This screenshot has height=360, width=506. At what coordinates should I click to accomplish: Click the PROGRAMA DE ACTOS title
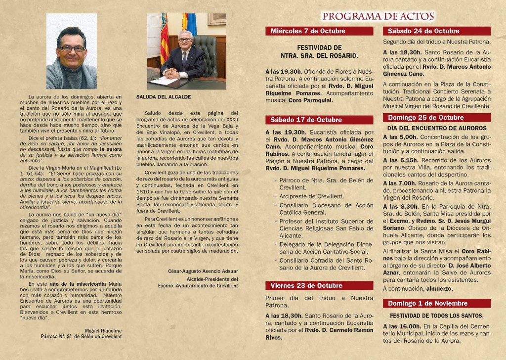point(378,16)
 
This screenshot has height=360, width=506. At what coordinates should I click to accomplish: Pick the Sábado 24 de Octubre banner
point(423,31)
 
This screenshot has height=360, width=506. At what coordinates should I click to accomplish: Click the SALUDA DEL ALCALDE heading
point(157,97)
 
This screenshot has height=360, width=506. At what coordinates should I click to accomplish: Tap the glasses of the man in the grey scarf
point(72,48)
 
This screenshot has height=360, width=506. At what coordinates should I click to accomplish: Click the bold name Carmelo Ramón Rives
point(342,330)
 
